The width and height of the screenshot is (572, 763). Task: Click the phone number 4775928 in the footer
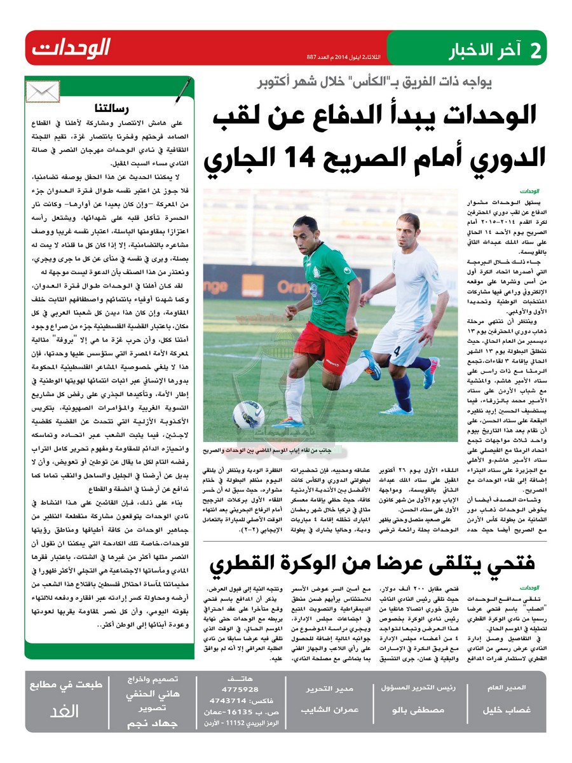(240, 689)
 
